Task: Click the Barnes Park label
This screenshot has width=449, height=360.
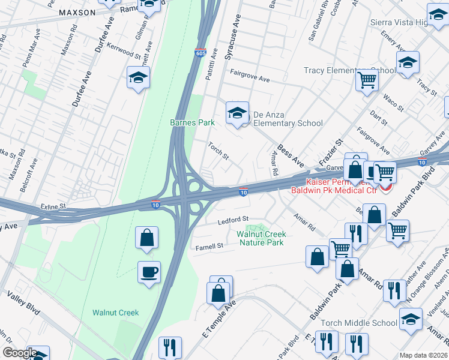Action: pyautogui.click(x=192, y=122)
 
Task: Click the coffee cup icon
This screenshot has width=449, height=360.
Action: pyautogui.click(x=149, y=272)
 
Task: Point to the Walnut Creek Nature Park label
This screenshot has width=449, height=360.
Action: pyautogui.click(x=261, y=238)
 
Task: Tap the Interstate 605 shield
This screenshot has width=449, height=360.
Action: pyautogui.click(x=200, y=53)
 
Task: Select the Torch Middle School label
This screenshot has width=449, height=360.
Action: pyautogui.click(x=359, y=323)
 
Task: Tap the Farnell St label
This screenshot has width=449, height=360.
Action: pyautogui.click(x=209, y=246)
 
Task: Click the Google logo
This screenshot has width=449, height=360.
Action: pyautogui.click(x=20, y=353)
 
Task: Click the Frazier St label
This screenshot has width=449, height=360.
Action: pyautogui.click(x=330, y=153)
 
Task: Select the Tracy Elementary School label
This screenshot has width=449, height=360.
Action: pyautogui.click(x=350, y=71)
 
